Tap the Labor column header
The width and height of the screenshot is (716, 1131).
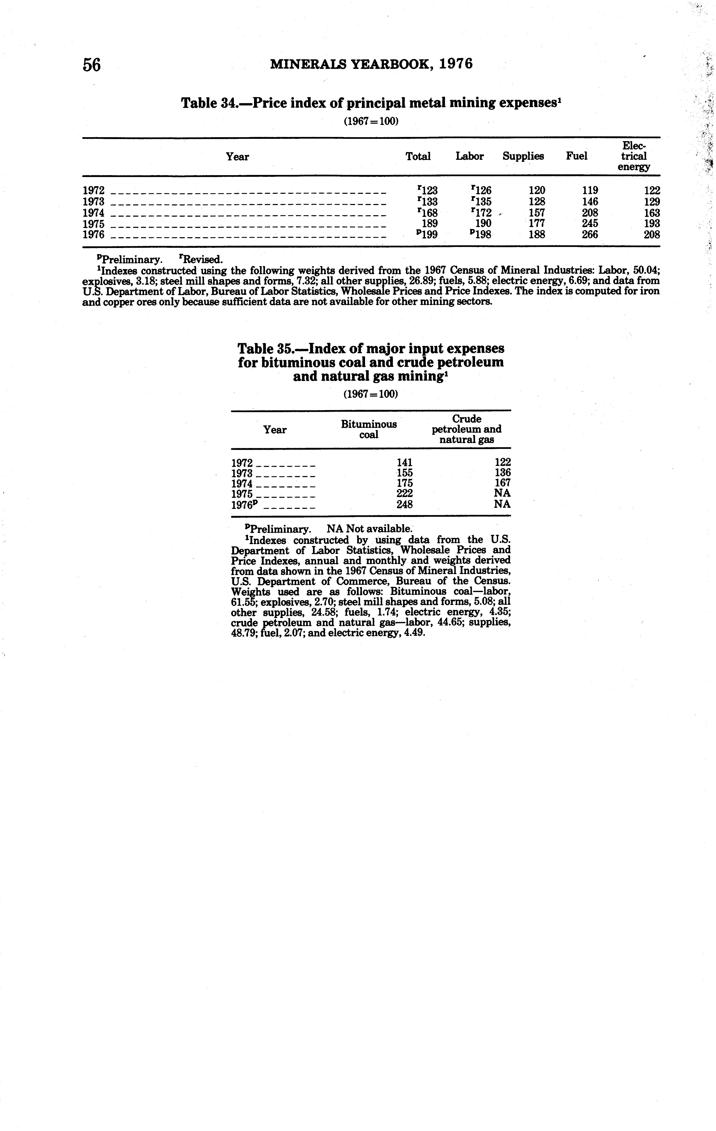point(469,156)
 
